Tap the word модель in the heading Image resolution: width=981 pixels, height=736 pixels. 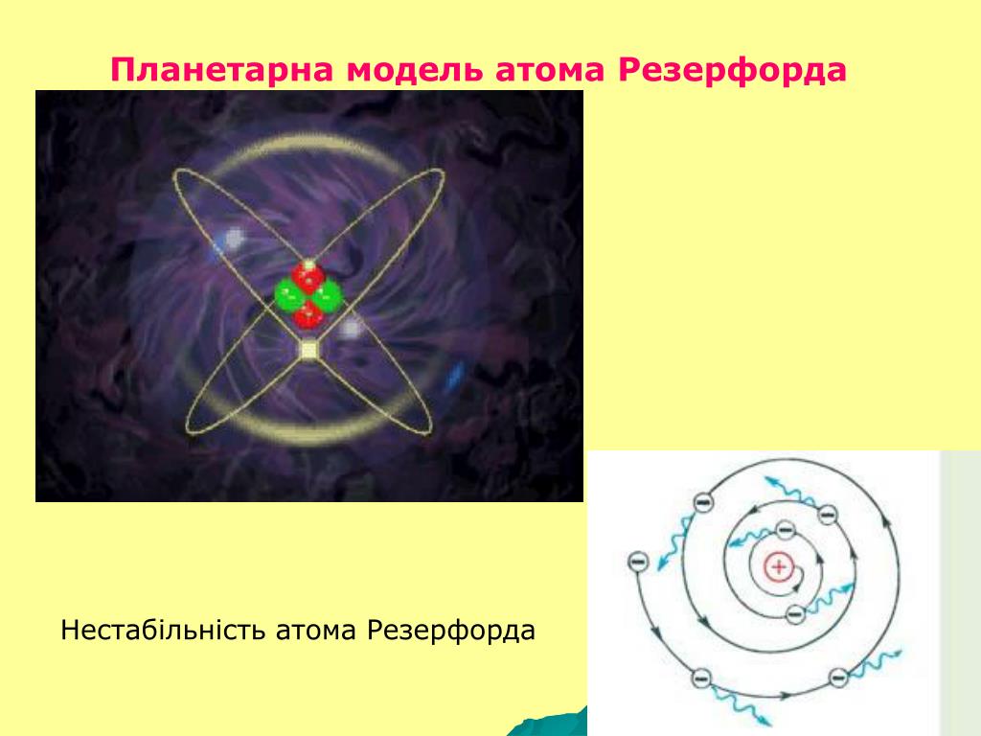tap(414, 70)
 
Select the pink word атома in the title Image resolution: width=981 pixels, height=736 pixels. tap(550, 70)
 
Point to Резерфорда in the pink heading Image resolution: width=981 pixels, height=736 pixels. tap(732, 70)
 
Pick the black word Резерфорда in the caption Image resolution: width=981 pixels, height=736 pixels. tap(451, 631)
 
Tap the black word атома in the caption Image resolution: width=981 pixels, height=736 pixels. tap(316, 631)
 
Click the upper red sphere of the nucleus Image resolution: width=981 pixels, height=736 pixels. tap(308, 277)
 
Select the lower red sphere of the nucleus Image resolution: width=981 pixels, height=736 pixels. tap(308, 313)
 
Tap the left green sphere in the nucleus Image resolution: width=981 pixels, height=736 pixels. tap(289, 295)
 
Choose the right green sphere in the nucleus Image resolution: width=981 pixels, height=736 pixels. tap(327, 296)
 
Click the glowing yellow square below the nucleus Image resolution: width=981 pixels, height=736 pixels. tap(308, 349)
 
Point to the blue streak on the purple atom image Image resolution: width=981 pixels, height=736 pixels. tap(455, 375)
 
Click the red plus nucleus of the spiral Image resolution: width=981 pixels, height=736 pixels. tap(779, 567)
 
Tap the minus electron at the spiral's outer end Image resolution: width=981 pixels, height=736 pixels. tap(637, 561)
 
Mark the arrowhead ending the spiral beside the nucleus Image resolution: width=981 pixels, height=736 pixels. tap(794, 587)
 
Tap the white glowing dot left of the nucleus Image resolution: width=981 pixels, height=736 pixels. tap(234, 238)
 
